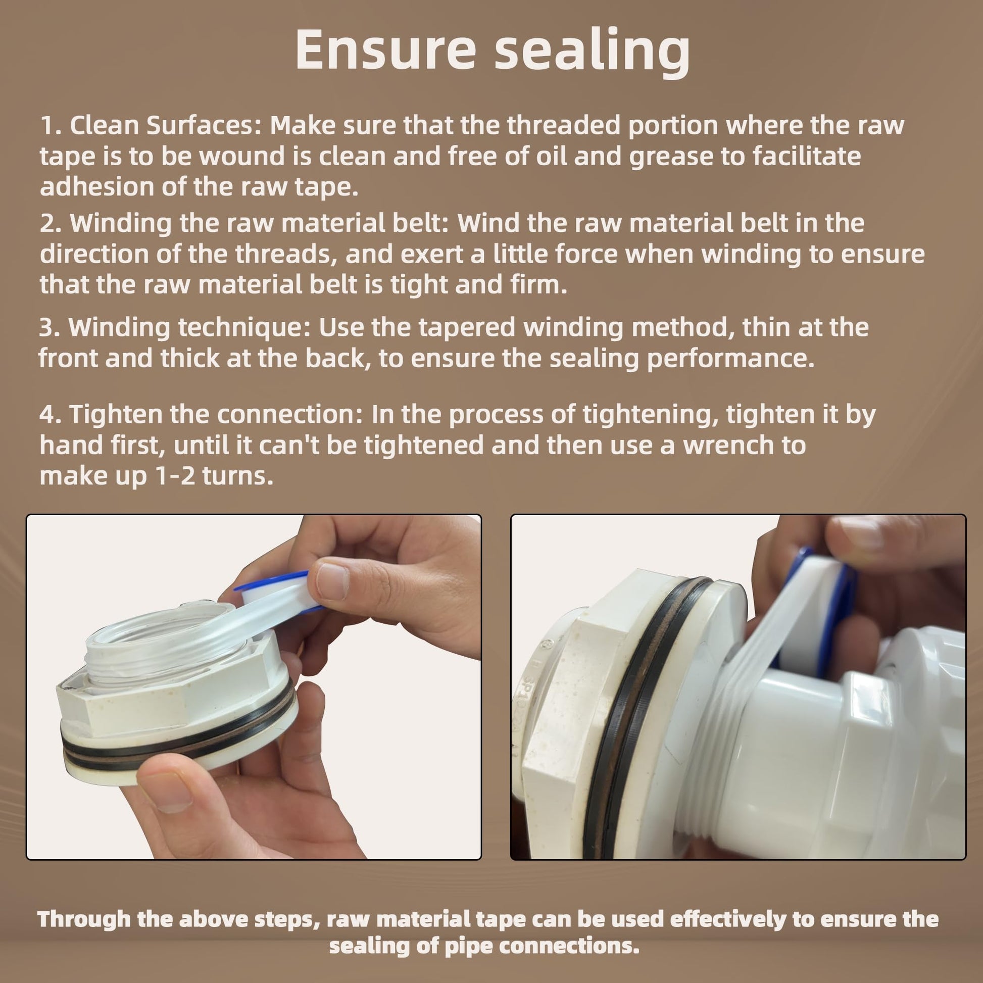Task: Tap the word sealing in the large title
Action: coord(593,53)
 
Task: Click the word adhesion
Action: coord(96,187)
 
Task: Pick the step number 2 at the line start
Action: coord(49,224)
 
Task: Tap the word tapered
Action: coord(467,327)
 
